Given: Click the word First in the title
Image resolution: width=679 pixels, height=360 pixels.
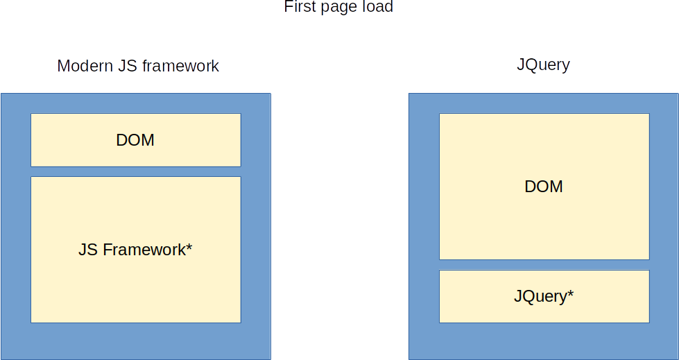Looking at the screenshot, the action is click(298, 7).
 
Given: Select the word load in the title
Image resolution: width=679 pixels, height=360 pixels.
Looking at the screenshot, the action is click(377, 7).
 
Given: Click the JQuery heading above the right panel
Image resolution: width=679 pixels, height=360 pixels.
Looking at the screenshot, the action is click(543, 65).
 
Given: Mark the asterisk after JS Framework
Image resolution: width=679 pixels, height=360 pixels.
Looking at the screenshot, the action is click(189, 247).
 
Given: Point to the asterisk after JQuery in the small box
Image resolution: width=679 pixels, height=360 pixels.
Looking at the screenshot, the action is click(570, 294).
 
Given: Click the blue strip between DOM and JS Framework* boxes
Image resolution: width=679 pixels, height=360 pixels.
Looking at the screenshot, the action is click(135, 171).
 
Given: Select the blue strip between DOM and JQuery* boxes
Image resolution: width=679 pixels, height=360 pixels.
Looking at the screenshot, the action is click(544, 265).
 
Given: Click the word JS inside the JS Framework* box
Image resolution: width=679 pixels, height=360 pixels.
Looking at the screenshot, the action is click(88, 250).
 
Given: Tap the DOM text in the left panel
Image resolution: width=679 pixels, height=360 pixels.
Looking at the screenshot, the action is click(135, 140).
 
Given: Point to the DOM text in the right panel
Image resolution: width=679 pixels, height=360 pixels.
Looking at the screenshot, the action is click(544, 187).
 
